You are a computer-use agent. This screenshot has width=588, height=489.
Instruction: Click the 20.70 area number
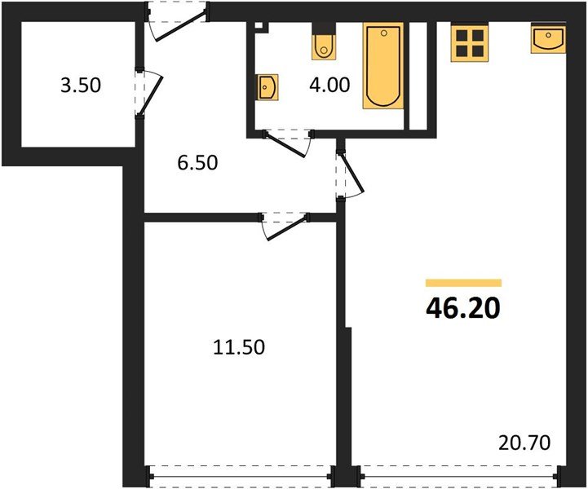click(525, 443)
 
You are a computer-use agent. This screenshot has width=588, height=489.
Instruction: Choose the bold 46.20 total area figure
click(462, 310)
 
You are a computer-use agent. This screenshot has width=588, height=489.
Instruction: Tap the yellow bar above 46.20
click(463, 283)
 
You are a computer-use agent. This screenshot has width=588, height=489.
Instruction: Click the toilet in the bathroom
click(324, 46)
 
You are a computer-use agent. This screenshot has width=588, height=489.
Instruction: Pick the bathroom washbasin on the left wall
click(267, 86)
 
